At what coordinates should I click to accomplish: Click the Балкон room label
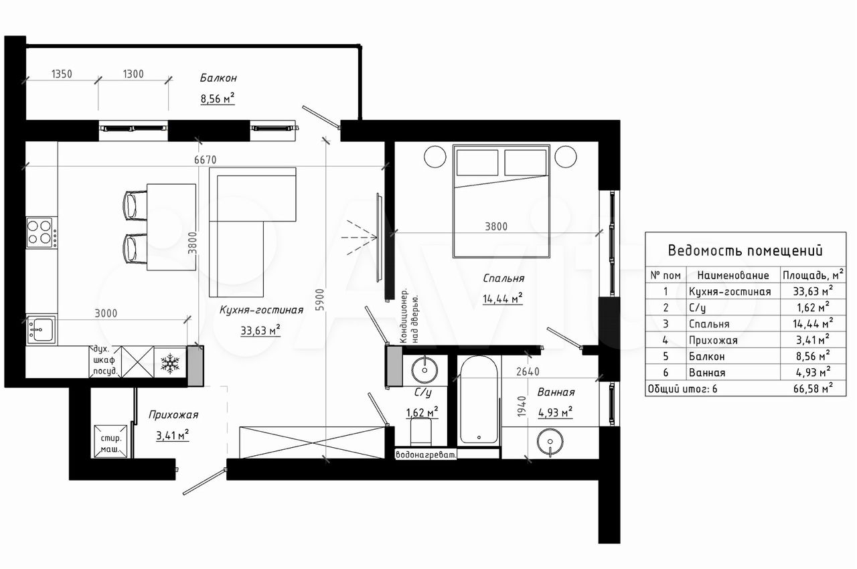[x=218, y=78]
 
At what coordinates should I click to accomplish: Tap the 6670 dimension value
[x=205, y=159]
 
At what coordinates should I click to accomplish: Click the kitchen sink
[x=41, y=329]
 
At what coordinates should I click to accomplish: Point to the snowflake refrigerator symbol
[x=170, y=363]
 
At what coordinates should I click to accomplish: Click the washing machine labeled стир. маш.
[x=110, y=441]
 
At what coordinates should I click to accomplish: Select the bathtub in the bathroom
[x=479, y=400]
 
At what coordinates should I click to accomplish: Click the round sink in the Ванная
[x=550, y=442]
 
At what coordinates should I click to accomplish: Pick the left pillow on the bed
[x=477, y=163]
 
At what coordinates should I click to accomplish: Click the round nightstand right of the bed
[x=566, y=157]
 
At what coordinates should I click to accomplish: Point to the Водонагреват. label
[x=426, y=455]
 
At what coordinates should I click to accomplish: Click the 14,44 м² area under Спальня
[x=502, y=299]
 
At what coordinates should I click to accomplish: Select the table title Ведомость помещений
[x=745, y=250]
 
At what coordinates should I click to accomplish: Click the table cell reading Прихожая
[x=713, y=340]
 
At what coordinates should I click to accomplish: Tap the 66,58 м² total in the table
[x=813, y=388]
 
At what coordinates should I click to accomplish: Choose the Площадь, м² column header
[x=813, y=275]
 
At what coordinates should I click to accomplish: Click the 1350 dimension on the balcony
[x=62, y=74]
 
